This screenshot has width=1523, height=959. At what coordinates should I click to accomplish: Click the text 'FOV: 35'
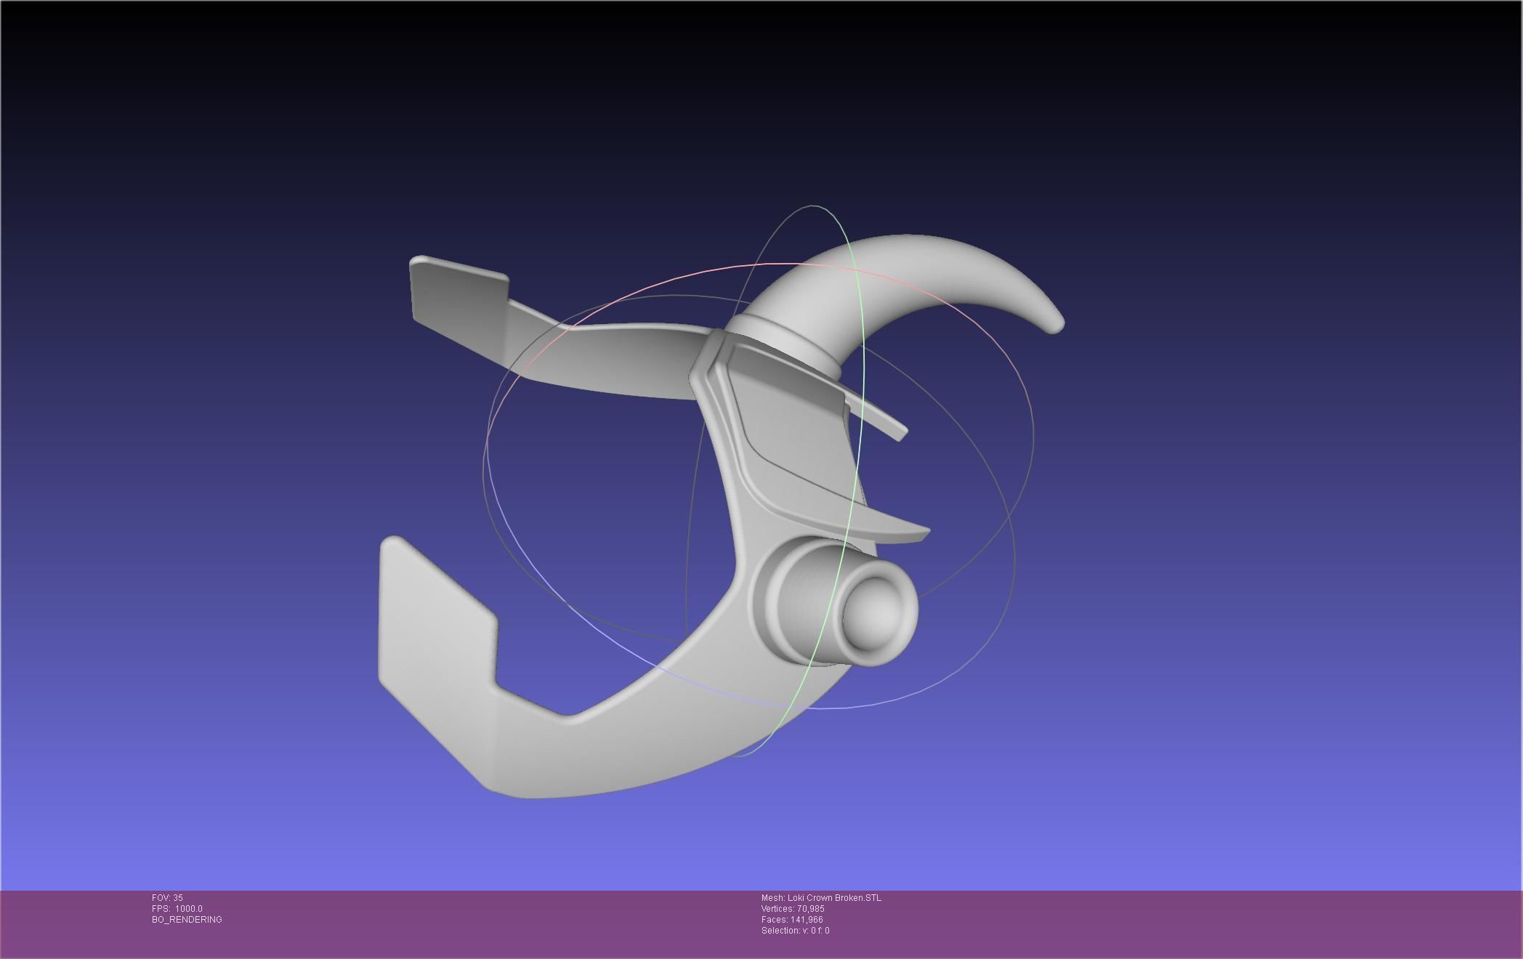tap(167, 898)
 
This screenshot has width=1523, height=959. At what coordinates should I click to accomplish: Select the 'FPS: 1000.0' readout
tap(177, 909)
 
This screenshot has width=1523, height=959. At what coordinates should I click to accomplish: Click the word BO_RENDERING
tap(187, 920)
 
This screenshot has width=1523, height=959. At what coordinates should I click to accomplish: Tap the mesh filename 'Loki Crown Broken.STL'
tap(821, 898)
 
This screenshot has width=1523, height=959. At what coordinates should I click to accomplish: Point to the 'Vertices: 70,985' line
tap(792, 909)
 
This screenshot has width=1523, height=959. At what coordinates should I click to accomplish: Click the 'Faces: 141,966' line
tap(791, 920)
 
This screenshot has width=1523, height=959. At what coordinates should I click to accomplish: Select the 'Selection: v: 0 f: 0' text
tap(795, 931)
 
